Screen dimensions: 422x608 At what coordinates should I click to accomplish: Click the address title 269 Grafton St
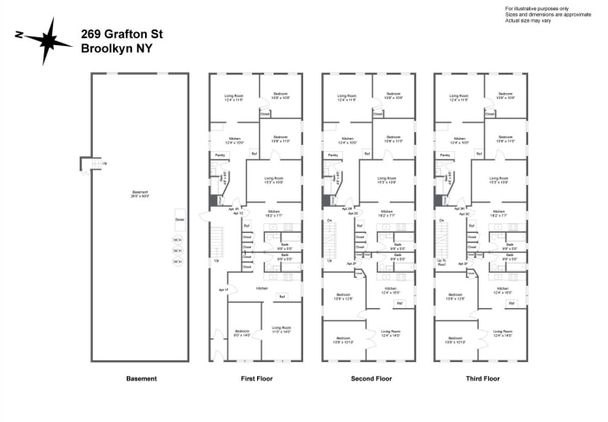point(121,34)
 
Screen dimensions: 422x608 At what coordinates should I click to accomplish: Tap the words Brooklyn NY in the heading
point(116,49)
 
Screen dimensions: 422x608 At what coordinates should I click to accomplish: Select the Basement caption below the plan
point(141,379)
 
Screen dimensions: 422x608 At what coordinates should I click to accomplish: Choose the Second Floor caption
point(370,379)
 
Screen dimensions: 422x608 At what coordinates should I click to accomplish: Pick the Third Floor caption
point(481,379)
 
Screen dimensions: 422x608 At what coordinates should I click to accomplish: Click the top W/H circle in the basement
point(177,240)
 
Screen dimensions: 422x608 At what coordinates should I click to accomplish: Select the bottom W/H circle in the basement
point(177,260)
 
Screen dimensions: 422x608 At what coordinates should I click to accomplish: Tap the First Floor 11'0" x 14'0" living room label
point(281,330)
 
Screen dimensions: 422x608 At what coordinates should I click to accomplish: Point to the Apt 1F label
point(222,289)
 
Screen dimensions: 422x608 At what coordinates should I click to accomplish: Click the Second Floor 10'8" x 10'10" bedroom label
point(343,340)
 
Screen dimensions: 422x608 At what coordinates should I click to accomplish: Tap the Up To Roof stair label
point(441,262)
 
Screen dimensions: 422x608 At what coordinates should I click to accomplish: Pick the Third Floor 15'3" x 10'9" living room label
point(499,180)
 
